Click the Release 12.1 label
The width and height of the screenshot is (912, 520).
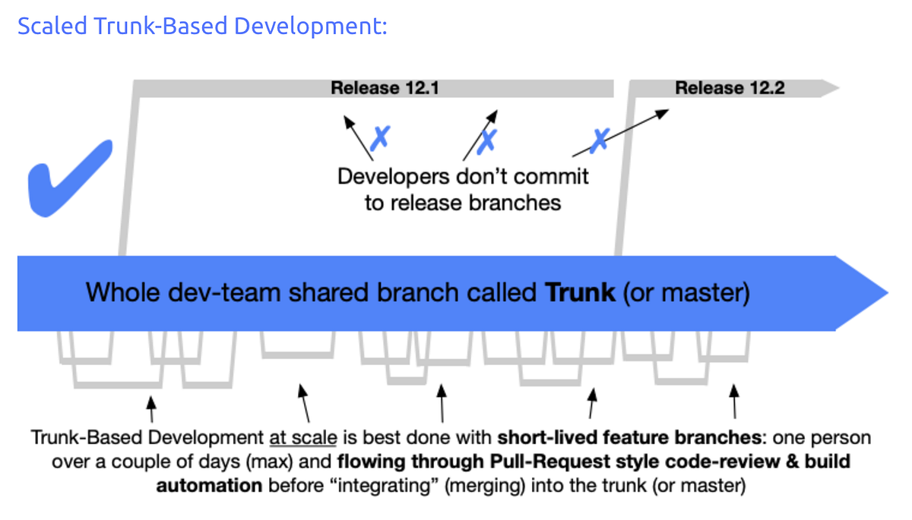[x=385, y=88]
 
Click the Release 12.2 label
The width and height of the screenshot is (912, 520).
[x=730, y=88]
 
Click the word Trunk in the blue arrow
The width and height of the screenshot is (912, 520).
[x=581, y=292]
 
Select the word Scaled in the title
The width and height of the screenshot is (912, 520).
[x=52, y=26]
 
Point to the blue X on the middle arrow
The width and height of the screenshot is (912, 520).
[x=487, y=139]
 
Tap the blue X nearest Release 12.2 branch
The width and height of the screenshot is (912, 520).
[x=600, y=139]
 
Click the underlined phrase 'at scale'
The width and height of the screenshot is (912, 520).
[x=302, y=439]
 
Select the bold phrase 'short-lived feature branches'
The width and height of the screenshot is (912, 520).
[x=629, y=439]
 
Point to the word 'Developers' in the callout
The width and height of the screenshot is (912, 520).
[x=394, y=177]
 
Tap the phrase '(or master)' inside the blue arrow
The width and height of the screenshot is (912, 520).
[x=686, y=292]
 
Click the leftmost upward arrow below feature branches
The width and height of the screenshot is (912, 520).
[x=152, y=408]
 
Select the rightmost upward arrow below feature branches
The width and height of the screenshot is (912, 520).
[x=734, y=401]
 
